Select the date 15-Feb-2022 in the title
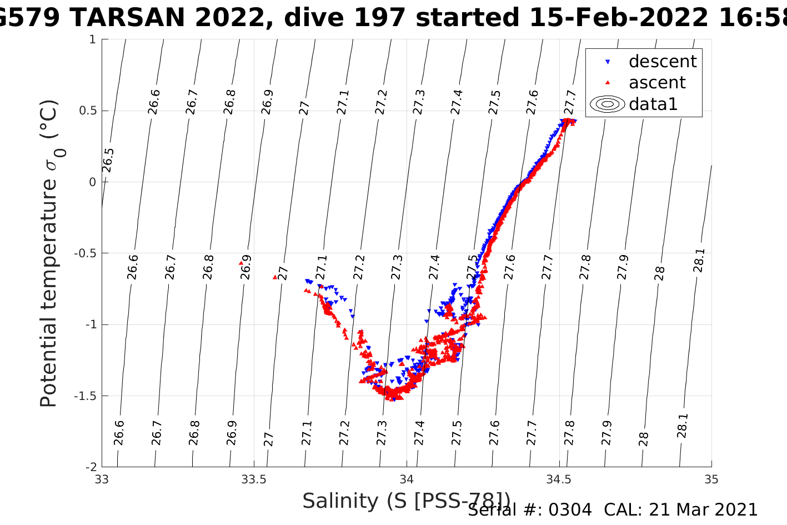[618, 18]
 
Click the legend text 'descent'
[662, 61]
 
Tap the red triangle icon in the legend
[608, 83]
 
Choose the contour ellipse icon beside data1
[608, 104]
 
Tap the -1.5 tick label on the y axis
[85, 396]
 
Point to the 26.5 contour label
[108, 160]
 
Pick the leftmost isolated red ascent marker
[241, 263]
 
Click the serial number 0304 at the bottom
[570, 510]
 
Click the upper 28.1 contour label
[699, 260]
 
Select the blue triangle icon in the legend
[608, 62]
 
